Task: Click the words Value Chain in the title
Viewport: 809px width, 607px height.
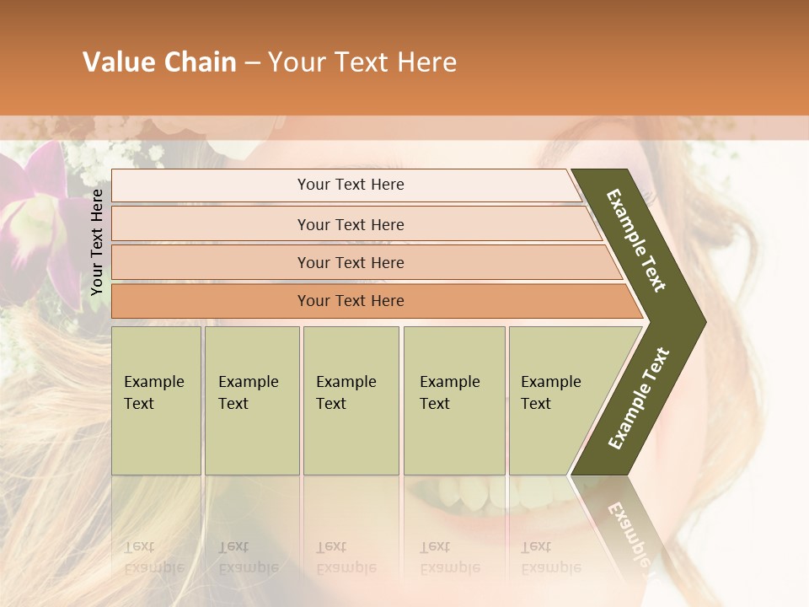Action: click(x=159, y=62)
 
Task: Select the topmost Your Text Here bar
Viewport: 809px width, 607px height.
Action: click(x=351, y=185)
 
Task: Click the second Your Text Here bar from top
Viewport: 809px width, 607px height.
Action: click(x=351, y=224)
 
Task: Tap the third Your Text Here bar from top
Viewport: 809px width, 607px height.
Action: click(x=351, y=262)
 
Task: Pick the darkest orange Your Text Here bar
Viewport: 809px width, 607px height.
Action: click(x=351, y=301)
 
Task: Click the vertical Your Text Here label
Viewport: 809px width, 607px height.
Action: click(x=97, y=242)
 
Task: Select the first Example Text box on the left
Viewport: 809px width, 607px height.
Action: click(x=156, y=400)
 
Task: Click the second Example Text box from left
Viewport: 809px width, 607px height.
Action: click(x=251, y=400)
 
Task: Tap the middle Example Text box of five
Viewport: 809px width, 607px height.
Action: click(x=351, y=400)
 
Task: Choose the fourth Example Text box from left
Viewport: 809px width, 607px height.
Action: click(x=453, y=400)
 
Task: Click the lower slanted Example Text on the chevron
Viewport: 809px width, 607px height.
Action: click(x=639, y=398)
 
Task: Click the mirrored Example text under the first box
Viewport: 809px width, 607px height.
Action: click(x=153, y=557)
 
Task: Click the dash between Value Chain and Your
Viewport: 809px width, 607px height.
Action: click(x=252, y=62)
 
